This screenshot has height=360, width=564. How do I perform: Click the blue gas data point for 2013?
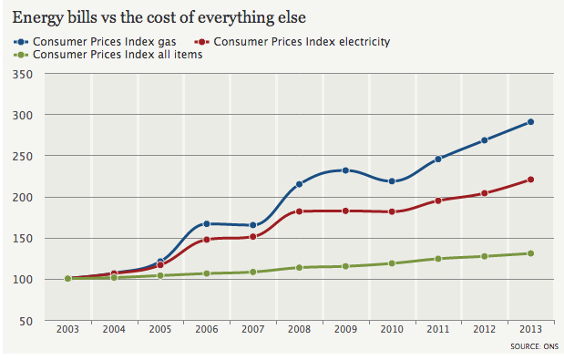530,122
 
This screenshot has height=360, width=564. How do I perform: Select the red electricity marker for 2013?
530,180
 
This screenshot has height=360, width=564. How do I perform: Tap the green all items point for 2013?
530,253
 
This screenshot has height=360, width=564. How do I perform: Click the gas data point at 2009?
345,170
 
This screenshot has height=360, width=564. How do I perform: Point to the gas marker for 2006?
207,223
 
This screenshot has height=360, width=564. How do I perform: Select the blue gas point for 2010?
392,181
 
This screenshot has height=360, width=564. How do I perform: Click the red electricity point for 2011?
438,201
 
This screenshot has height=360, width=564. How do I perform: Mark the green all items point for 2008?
299,268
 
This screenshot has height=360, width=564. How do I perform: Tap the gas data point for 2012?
485,140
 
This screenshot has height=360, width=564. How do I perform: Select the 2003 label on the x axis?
68,328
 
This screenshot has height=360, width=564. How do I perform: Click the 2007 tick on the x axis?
252,328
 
